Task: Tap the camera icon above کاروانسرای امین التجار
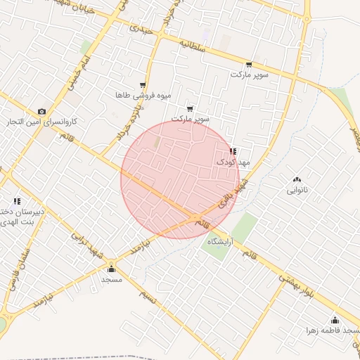[42, 112]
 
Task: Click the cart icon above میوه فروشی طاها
[143, 85]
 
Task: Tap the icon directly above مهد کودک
[233, 152]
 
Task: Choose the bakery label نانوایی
[297, 190]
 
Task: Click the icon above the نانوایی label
[297, 180]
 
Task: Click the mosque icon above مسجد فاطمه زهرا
[335, 320]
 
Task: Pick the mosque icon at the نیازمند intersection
[111, 269]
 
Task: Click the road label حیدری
[141, 30]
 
